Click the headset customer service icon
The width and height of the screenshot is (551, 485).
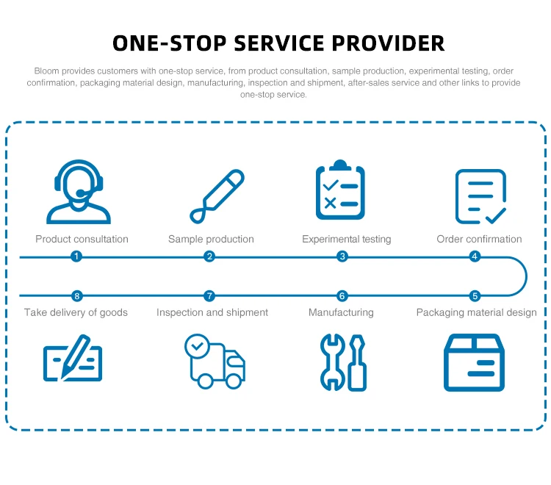coord(79,193)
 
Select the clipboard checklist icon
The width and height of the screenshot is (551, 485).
coord(340,191)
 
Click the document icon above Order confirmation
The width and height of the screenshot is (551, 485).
coord(480,196)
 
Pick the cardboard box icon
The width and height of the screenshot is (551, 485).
coord(474,362)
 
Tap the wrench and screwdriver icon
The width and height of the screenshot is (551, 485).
coord(343,362)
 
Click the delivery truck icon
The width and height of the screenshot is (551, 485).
coord(214,361)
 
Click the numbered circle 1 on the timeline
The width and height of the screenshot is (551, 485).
coord(76,256)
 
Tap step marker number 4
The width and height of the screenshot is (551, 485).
coord(475,256)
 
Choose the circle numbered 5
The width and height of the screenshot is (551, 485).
coord(475,296)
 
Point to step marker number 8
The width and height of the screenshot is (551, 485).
coord(76,296)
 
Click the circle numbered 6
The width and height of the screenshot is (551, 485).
coord(342,296)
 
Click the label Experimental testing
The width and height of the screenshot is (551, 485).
coord(346,239)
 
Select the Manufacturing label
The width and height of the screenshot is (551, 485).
coord(341,312)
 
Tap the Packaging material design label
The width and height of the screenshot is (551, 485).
coord(476,312)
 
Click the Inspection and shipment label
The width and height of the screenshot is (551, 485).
coord(212,312)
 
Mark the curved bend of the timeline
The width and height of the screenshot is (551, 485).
coord(525,276)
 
